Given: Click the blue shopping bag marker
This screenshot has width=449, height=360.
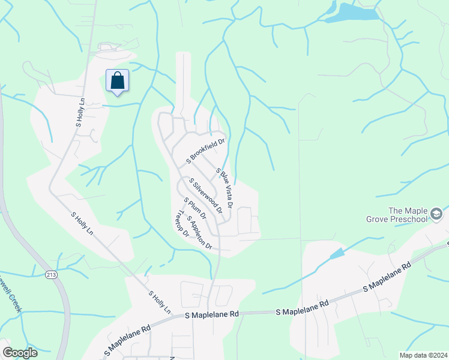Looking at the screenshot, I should point(118,81).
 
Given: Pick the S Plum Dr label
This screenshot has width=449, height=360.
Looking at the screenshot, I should point(195,208).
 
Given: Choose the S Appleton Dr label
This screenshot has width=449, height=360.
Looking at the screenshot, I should point(200,232).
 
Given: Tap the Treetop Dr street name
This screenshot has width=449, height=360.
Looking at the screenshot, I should point(181,223).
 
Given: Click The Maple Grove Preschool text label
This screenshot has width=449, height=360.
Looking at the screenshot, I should point(408,215).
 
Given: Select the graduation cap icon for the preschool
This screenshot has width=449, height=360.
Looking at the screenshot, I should point(437,214).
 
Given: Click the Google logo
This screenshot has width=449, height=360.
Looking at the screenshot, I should point(20,353).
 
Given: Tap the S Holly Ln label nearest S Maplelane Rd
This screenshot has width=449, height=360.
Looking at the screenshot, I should point(160,302).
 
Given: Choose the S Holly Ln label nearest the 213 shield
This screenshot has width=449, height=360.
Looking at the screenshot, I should point(83,223).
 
